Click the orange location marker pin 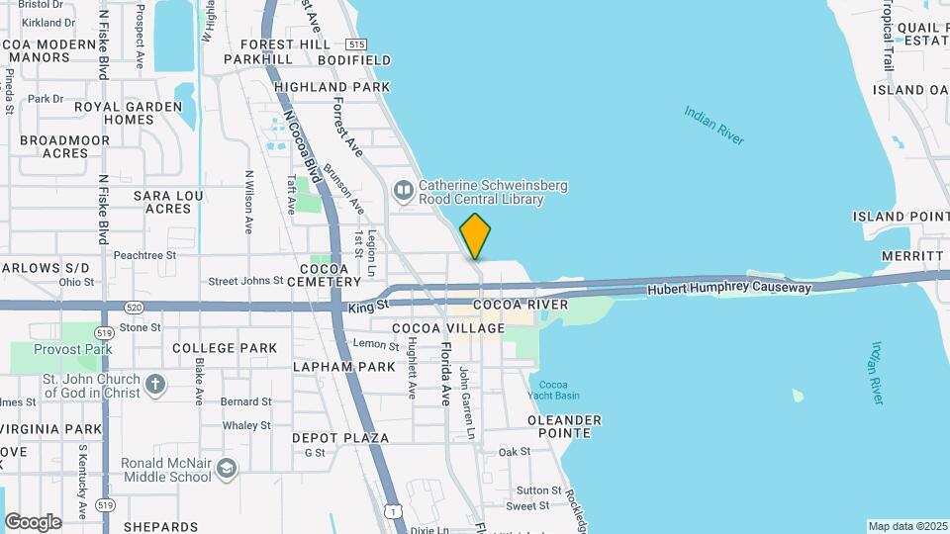[475, 236]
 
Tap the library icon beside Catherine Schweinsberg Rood [403, 189]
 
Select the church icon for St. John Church [155, 384]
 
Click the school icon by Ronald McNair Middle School [228, 468]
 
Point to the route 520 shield [136, 308]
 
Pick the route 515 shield [356, 44]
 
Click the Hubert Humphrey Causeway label [729, 289]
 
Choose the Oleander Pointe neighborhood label [564, 426]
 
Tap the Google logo [33, 521]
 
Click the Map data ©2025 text [906, 526]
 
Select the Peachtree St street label [144, 254]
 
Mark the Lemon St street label [376, 344]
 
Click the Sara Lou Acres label [167, 202]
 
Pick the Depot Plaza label [339, 437]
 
